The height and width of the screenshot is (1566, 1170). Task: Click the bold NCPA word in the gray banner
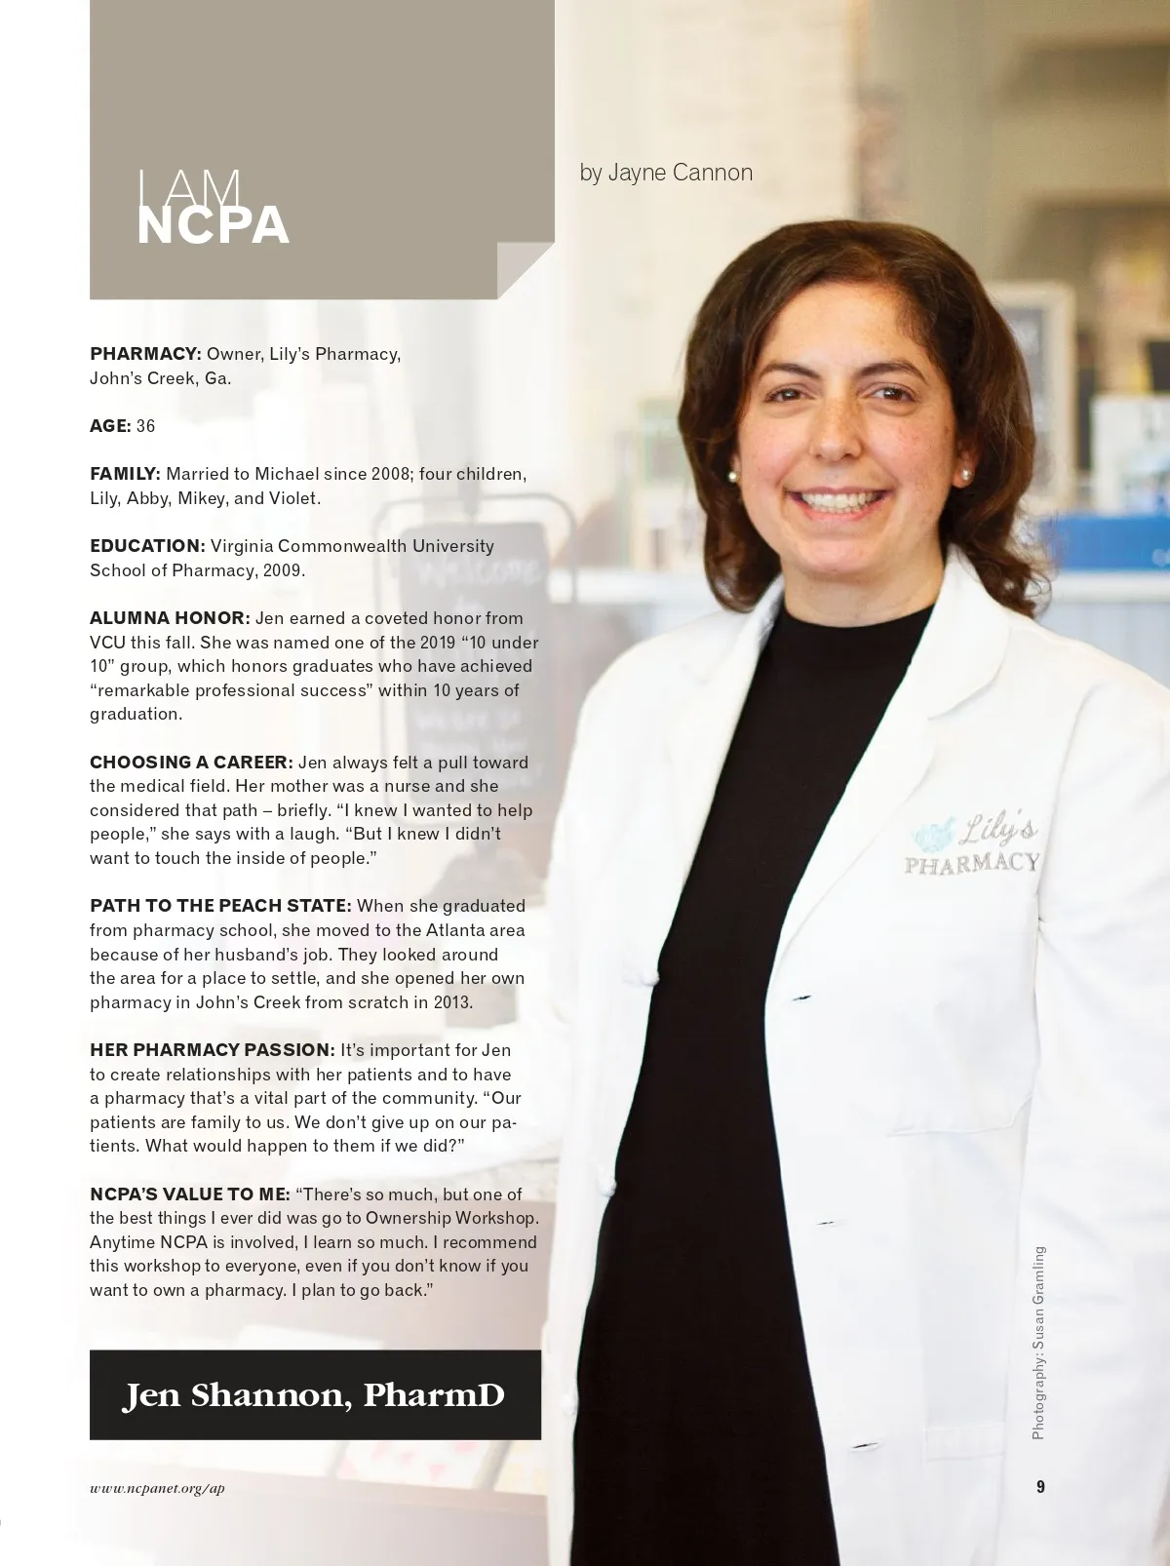tap(213, 226)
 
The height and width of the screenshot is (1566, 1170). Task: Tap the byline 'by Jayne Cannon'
tap(666, 173)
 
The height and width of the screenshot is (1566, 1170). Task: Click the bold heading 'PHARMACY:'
tap(145, 354)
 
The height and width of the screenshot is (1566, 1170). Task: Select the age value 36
tap(145, 426)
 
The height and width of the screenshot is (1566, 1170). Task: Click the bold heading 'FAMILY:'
tap(125, 474)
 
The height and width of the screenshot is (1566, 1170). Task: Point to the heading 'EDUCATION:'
tap(147, 546)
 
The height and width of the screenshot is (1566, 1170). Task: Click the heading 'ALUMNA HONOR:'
tap(170, 618)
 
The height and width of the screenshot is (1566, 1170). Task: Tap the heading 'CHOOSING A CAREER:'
tap(191, 763)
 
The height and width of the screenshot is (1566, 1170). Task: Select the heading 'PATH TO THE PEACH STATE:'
tap(220, 906)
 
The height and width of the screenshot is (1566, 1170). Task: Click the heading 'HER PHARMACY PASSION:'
tap(213, 1050)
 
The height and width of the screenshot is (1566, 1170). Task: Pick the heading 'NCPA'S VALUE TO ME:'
tap(189, 1194)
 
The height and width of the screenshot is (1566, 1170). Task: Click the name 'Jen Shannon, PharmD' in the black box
tap(314, 1395)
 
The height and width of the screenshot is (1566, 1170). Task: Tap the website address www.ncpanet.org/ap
tap(157, 1488)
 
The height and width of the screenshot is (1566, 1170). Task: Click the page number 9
tap(1040, 1487)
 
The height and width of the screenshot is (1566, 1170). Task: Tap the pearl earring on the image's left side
tap(733, 477)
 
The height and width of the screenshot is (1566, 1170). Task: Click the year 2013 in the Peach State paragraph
tap(452, 1002)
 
